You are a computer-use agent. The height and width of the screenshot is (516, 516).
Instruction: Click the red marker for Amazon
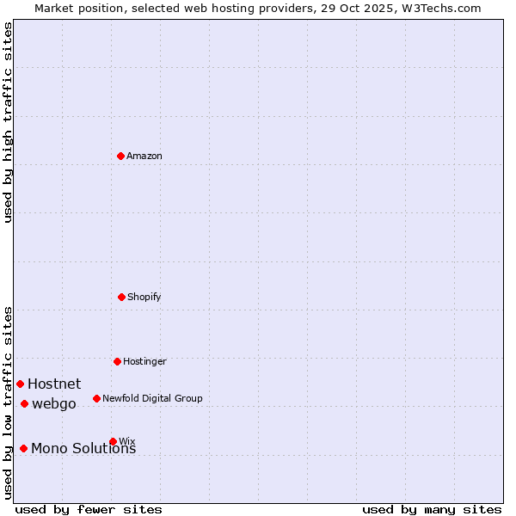(121, 156)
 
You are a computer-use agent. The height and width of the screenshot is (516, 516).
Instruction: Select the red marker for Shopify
(121, 297)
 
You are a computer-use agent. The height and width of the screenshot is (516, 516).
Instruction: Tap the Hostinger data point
(117, 361)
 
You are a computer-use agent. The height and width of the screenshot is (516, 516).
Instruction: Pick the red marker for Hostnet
(20, 384)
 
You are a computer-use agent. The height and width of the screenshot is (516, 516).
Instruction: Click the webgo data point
(24, 403)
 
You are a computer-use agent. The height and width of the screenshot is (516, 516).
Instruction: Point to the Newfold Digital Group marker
(96, 398)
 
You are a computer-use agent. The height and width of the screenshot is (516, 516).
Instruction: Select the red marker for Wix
(113, 441)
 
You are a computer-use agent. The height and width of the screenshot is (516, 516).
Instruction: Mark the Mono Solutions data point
(23, 448)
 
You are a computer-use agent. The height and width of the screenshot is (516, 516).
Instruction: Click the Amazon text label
(144, 156)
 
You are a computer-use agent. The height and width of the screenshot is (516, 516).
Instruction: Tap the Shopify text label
(144, 297)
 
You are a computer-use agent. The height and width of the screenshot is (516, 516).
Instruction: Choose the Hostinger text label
(144, 361)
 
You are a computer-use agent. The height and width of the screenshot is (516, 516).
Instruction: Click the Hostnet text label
(54, 384)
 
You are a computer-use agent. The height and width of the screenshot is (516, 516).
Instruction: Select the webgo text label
(54, 403)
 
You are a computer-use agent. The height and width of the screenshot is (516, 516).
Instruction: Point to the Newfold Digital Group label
(152, 398)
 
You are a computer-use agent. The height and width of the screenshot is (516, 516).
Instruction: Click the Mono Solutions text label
(83, 448)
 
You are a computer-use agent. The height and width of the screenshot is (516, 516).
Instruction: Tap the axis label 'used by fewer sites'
(89, 509)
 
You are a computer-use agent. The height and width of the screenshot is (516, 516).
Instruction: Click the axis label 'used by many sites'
(432, 509)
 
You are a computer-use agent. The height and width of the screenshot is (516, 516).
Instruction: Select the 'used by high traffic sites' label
(9, 122)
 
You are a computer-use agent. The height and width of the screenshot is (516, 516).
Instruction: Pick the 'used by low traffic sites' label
(9, 402)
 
